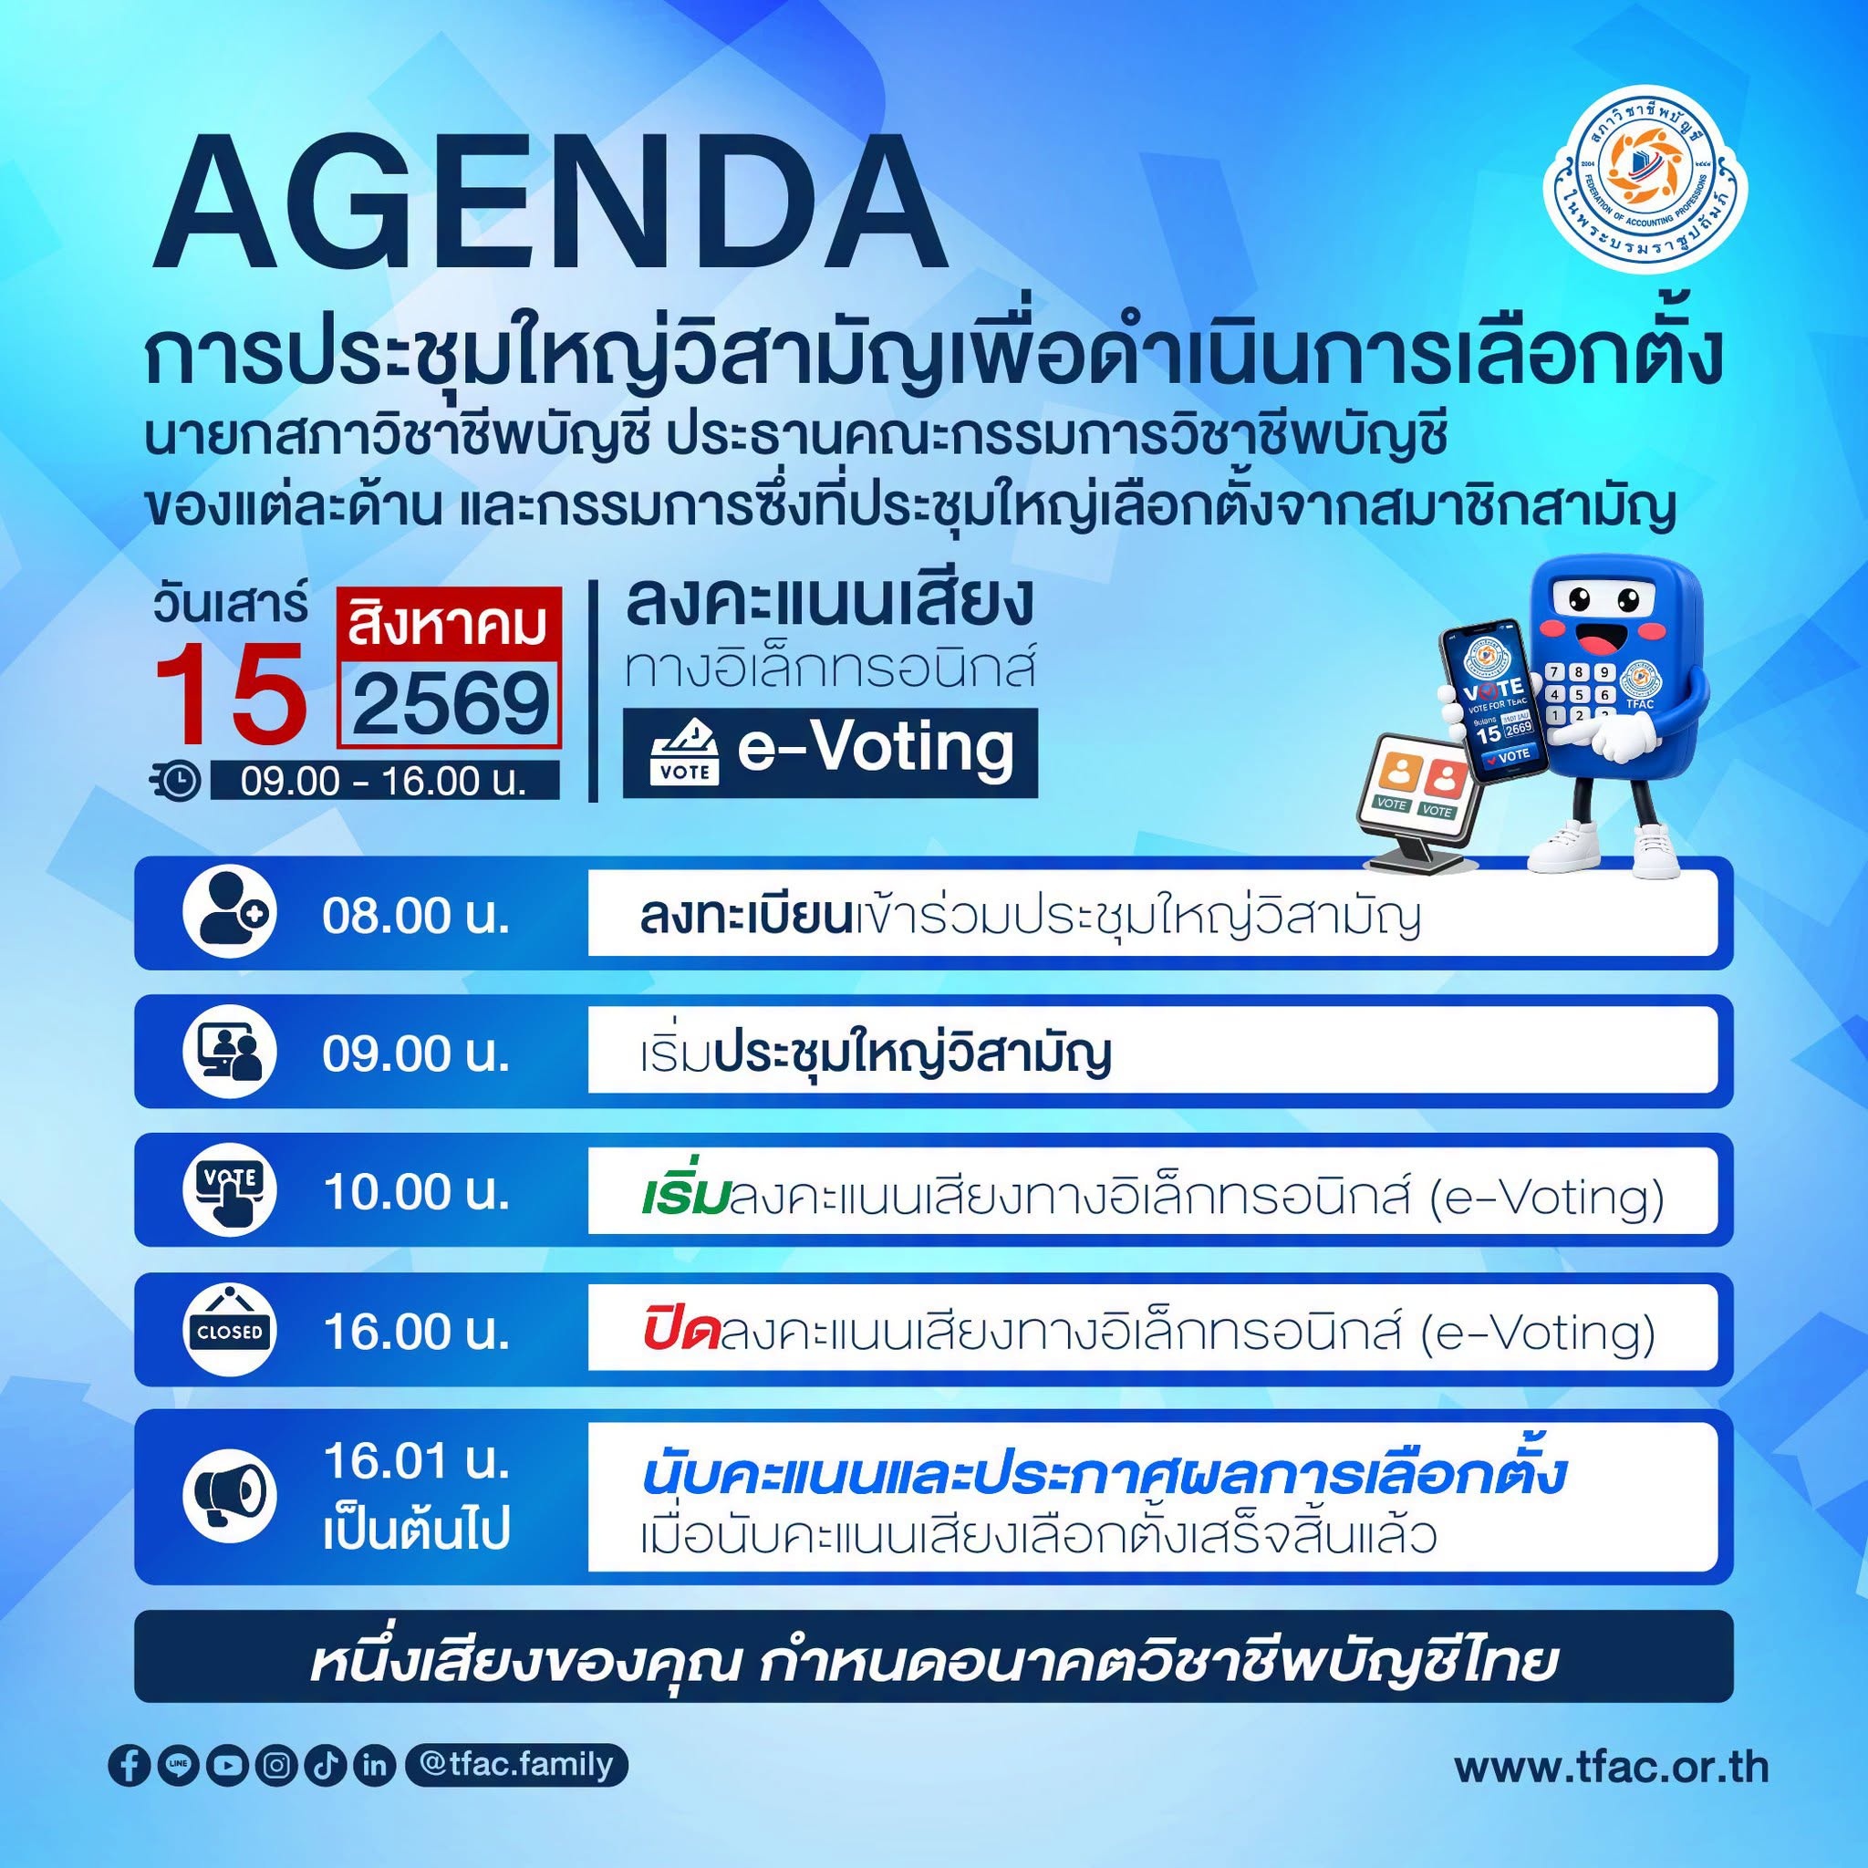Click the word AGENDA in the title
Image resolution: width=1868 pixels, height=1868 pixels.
click(548, 203)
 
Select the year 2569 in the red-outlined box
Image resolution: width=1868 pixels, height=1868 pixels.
click(450, 704)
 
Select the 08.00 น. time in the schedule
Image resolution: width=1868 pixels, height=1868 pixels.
click(416, 916)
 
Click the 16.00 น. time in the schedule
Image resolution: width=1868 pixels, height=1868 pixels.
click(416, 1332)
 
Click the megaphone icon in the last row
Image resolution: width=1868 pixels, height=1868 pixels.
click(230, 1495)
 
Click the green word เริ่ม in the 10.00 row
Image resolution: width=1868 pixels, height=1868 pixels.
click(683, 1195)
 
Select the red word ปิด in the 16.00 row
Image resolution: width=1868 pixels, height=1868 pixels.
click(680, 1334)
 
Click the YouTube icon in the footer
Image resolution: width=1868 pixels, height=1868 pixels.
click(227, 1765)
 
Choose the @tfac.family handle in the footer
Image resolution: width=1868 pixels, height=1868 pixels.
click(517, 1764)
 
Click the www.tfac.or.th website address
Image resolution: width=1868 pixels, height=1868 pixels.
click(1612, 1767)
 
